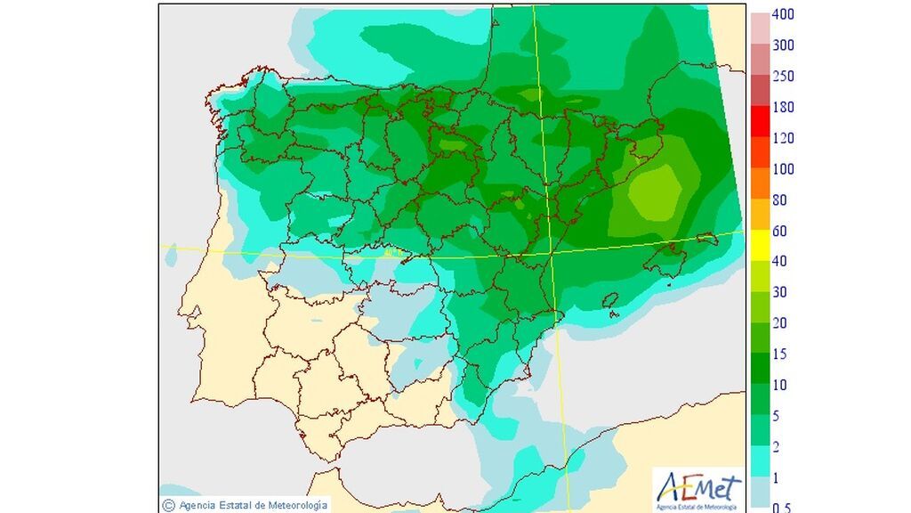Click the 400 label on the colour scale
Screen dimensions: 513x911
[783, 15]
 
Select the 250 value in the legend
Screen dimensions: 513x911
[783, 77]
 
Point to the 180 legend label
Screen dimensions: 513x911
[783, 108]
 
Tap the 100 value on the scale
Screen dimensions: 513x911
[783, 169]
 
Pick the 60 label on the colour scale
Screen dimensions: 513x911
[779, 232]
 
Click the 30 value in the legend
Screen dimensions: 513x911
[779, 293]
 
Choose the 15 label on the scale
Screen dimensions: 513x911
[779, 354]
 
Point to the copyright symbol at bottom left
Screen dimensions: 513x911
[168, 505]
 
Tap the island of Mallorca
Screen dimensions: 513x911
[670, 259]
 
